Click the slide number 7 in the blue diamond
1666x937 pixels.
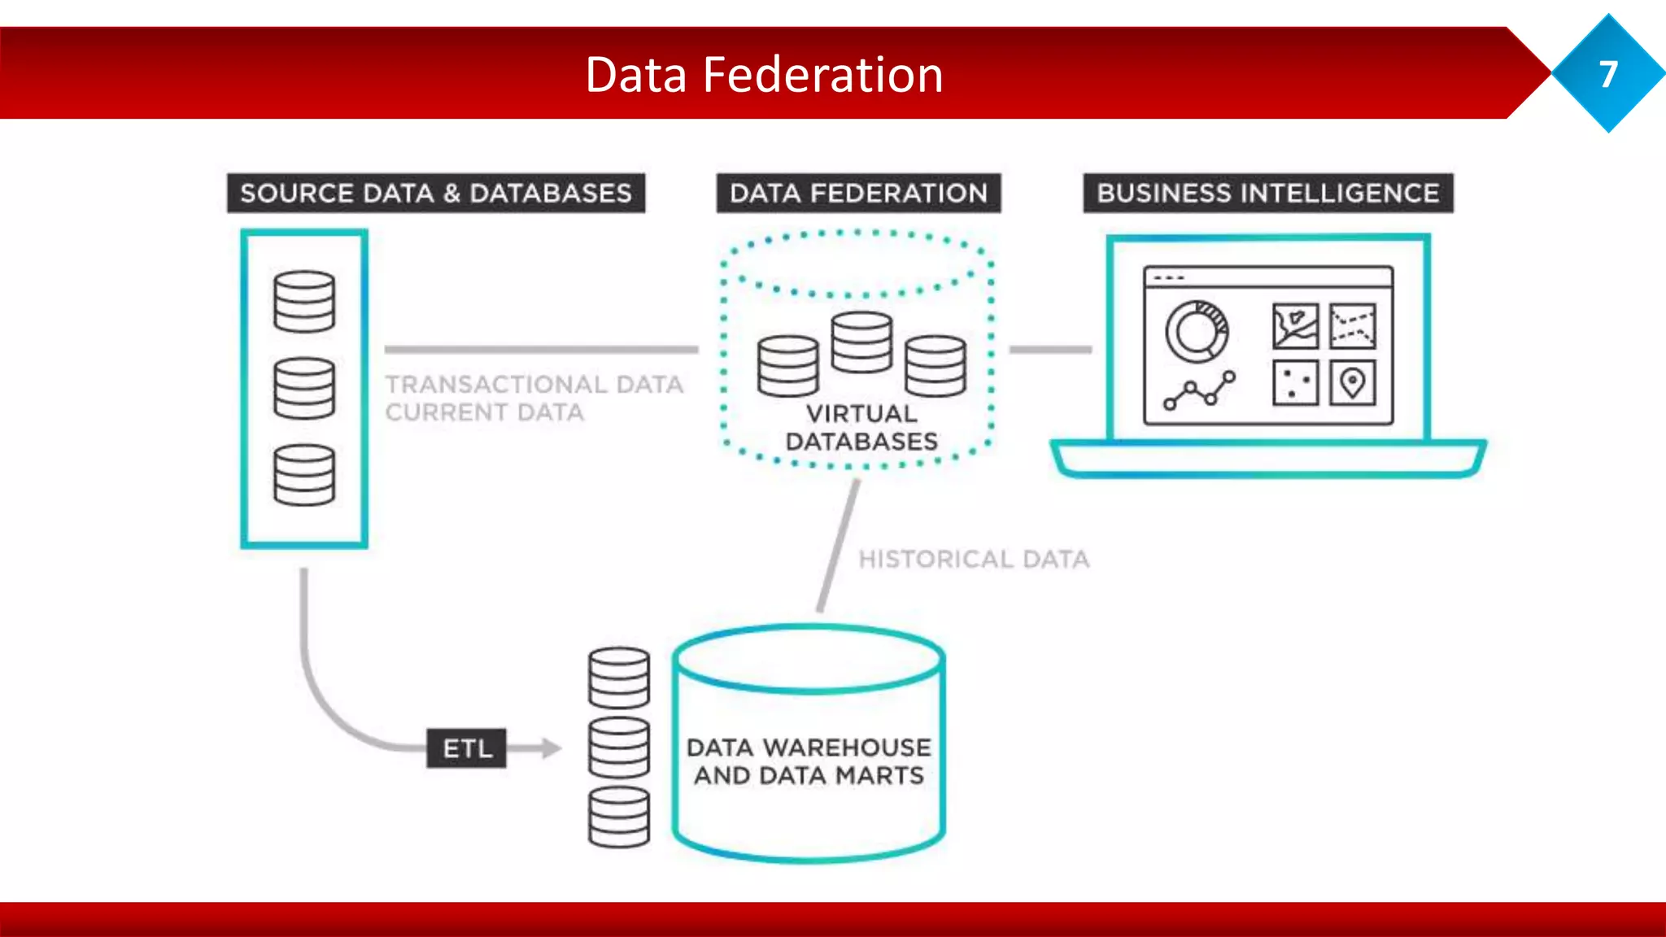(x=1608, y=74)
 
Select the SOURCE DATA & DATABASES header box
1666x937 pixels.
(x=436, y=194)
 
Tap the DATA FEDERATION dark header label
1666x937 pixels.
(x=858, y=194)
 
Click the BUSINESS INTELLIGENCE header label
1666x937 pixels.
(x=1267, y=194)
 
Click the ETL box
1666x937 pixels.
(x=467, y=748)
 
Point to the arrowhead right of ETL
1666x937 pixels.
(x=552, y=748)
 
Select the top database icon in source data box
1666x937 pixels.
(x=304, y=302)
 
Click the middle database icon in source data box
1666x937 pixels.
(x=304, y=388)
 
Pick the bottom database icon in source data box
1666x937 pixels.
(x=304, y=475)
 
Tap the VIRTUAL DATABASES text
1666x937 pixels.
(x=861, y=428)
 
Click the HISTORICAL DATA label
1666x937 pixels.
(x=974, y=560)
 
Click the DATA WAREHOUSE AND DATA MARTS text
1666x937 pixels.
(x=809, y=761)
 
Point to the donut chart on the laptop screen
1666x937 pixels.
(x=1197, y=331)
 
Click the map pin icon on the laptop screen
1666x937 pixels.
(x=1352, y=382)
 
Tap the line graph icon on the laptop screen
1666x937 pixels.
(x=1199, y=391)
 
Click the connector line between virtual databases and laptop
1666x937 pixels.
(x=1050, y=350)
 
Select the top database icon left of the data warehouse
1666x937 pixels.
(x=619, y=678)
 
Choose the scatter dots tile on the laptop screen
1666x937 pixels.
(x=1295, y=382)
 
